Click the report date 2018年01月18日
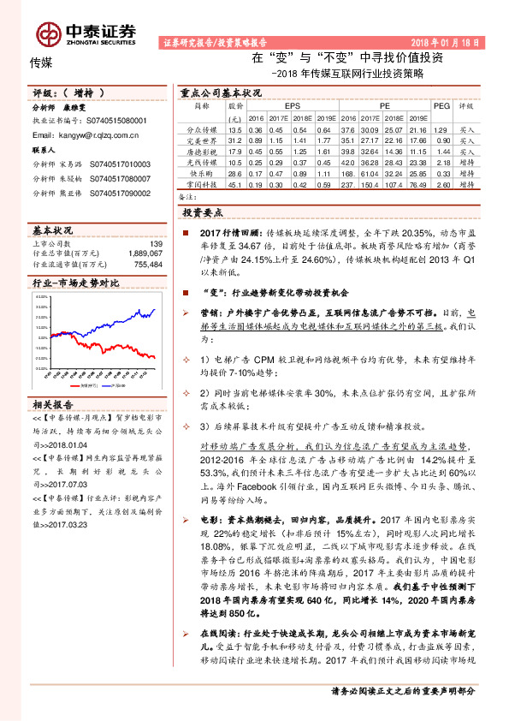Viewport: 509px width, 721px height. pos(447,41)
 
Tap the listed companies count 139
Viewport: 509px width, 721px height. pos(156,242)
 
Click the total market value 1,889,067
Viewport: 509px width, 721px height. pos(144,253)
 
